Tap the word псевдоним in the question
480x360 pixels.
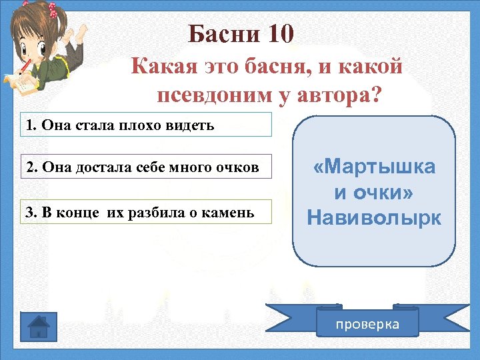(213, 95)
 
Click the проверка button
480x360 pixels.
(367, 324)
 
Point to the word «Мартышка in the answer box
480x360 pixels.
(374, 167)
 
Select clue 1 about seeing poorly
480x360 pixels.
(147, 125)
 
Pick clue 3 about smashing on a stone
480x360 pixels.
(147, 211)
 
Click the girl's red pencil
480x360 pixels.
(25, 66)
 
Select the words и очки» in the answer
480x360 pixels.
(374, 193)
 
